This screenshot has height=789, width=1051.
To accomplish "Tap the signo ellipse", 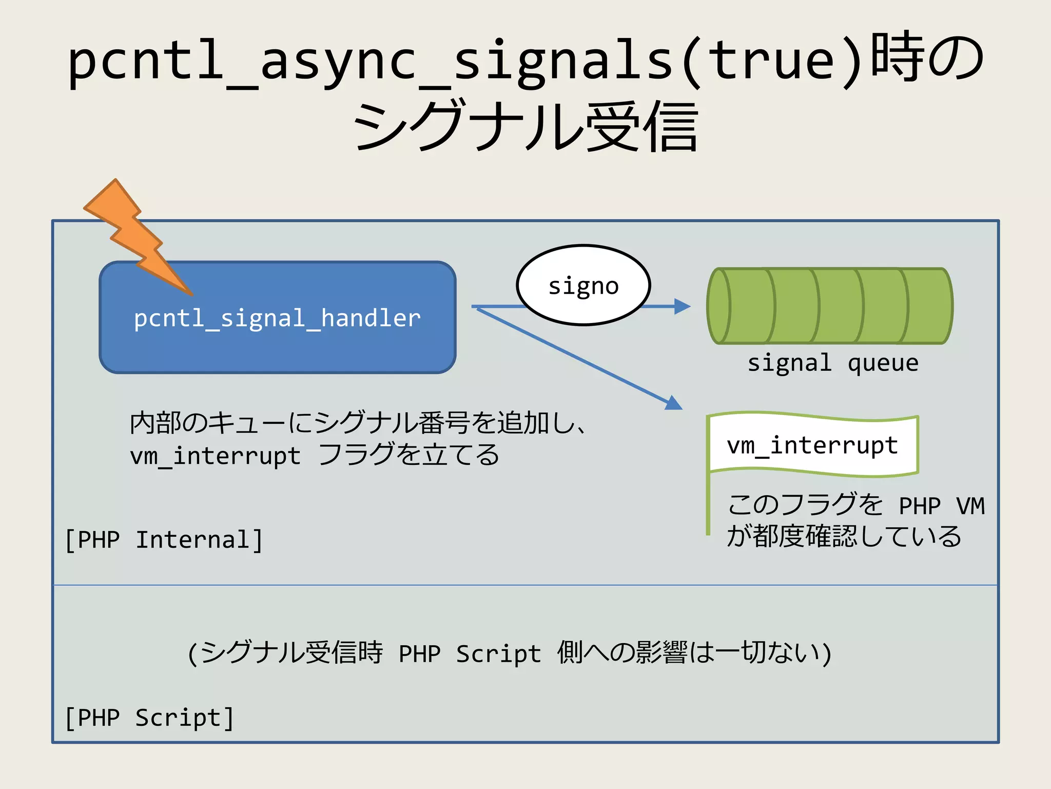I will [583, 286].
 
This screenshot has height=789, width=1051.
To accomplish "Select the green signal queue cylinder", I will [830, 306].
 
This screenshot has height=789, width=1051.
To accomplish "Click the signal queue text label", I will [832, 363].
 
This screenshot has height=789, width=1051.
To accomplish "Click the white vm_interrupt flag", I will [812, 445].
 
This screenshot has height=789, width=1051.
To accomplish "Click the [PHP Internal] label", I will [164, 540].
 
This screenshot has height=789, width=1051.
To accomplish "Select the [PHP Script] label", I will [149, 718].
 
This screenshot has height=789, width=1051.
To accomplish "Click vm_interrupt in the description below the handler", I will [215, 456].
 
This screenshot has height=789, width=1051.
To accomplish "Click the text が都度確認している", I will [844, 536].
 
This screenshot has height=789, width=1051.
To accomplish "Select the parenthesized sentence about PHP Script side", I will [509, 653].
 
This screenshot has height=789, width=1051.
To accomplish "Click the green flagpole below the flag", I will [708, 506].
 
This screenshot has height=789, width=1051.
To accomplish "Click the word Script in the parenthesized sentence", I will [498, 654].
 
